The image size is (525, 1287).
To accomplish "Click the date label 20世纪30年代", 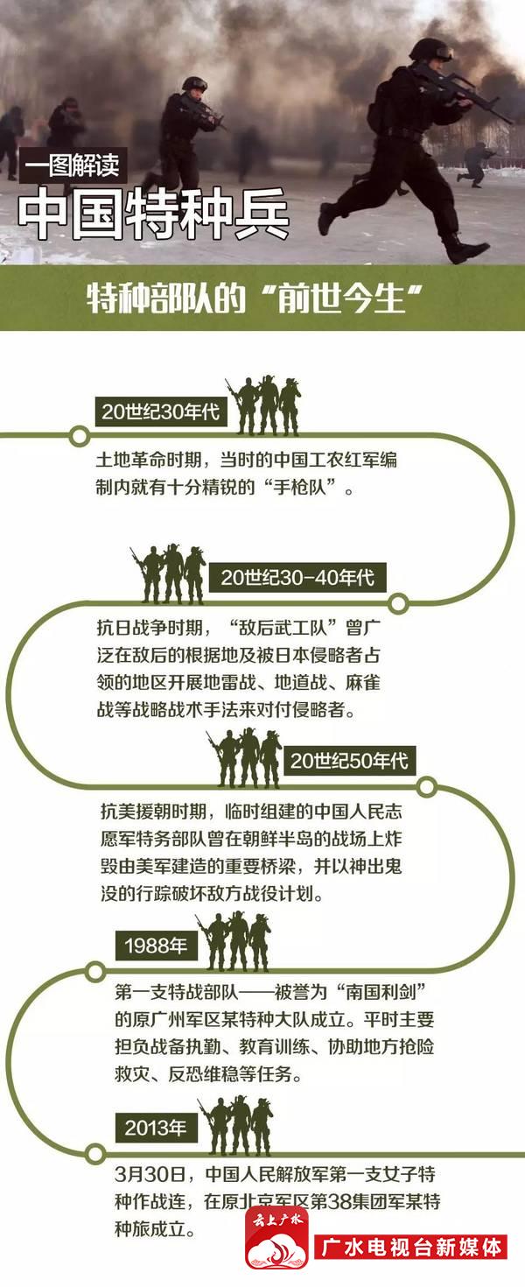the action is (161, 411).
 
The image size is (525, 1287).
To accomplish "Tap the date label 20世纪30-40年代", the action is (297, 577).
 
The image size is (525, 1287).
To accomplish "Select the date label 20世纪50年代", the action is (349, 760).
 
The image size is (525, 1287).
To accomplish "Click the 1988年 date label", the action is (157, 946).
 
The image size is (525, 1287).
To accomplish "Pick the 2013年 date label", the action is (157, 1128).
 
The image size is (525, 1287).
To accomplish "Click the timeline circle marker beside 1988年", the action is (95, 972).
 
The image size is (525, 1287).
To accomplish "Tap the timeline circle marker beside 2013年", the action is (95, 1153).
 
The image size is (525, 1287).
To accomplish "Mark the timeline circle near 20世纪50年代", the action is (426, 787).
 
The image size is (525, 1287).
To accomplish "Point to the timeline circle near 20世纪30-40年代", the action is (398, 603).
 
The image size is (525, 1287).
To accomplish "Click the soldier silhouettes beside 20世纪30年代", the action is (263, 405).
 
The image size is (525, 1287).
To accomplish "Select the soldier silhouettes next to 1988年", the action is (234, 940).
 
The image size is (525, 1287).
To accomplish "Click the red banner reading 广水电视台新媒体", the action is (410, 1248).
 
